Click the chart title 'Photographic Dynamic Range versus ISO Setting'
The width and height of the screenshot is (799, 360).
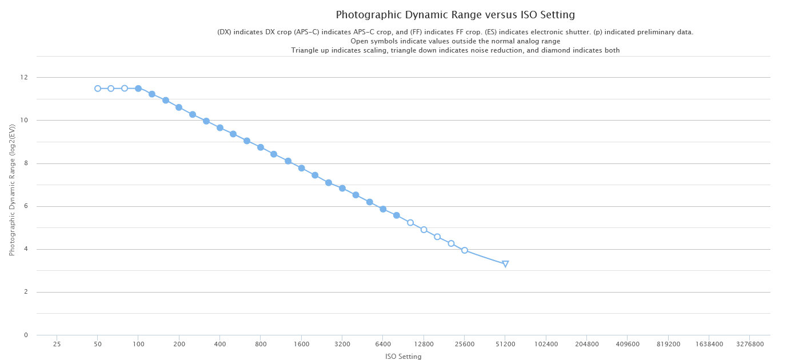pyautogui.click(x=455, y=15)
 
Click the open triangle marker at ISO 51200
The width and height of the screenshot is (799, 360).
pyautogui.click(x=505, y=264)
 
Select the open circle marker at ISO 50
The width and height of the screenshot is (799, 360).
pyautogui.click(x=98, y=89)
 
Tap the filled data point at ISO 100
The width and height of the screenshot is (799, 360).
pyautogui.click(x=138, y=89)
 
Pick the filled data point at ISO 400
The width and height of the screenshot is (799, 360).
pyautogui.click(x=220, y=128)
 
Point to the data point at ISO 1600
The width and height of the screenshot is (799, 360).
pyautogui.click(x=301, y=168)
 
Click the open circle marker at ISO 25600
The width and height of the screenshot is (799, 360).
pyautogui.click(x=465, y=250)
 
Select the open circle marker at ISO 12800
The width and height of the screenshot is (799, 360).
pyautogui.click(x=424, y=230)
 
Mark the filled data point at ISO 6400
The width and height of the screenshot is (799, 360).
pyautogui.click(x=383, y=209)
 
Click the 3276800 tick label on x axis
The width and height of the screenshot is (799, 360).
pyautogui.click(x=749, y=345)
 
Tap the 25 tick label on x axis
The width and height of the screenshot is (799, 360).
pyautogui.click(x=57, y=345)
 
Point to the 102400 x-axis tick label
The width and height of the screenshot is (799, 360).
pyautogui.click(x=546, y=345)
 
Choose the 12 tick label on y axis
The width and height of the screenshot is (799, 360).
pyautogui.click(x=24, y=78)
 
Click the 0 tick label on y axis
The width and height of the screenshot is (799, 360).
pyautogui.click(x=26, y=335)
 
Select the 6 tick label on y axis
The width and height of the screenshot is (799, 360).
pyautogui.click(x=26, y=206)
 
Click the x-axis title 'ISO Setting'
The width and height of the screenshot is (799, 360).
pyautogui.click(x=404, y=357)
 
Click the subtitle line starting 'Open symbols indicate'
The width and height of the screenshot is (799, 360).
pyautogui.click(x=455, y=41)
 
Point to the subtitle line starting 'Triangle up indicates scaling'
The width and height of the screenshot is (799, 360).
pyautogui.click(x=455, y=50)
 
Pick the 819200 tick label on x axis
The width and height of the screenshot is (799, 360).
pyautogui.click(x=668, y=345)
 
